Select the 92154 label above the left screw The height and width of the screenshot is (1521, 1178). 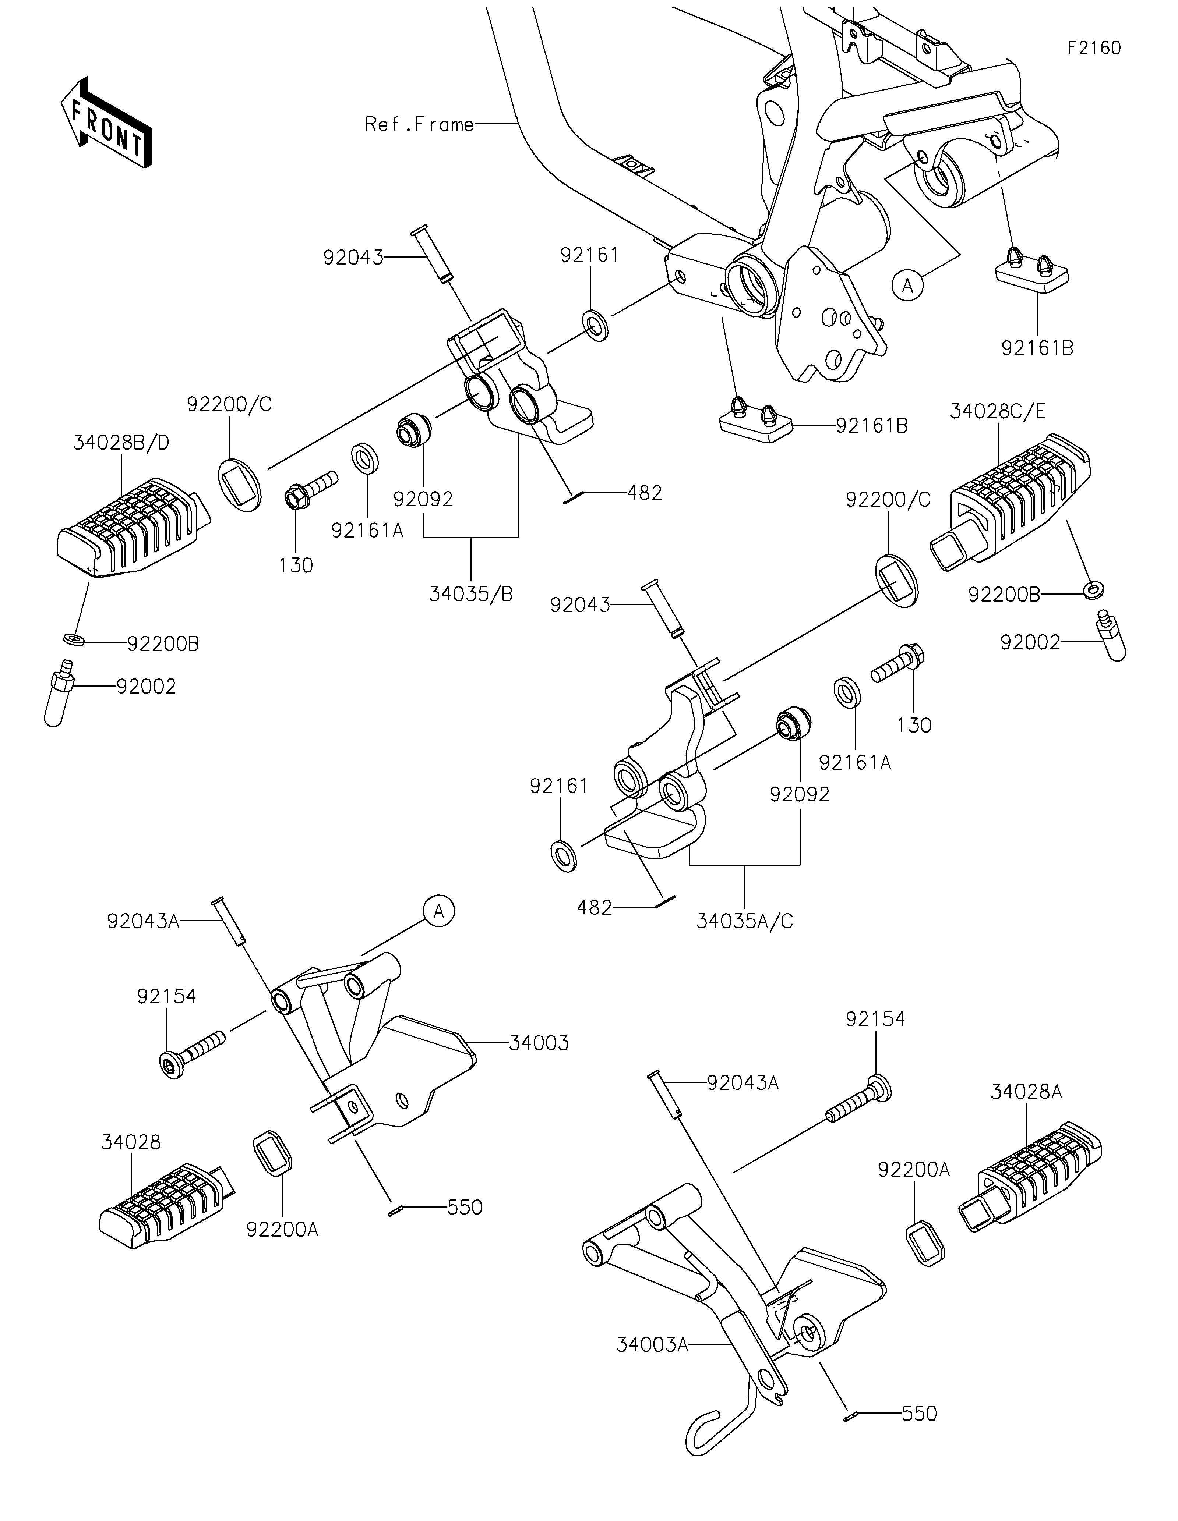point(166,997)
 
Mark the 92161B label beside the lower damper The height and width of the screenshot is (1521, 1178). point(871,426)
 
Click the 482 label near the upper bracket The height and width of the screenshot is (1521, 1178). point(644,493)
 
